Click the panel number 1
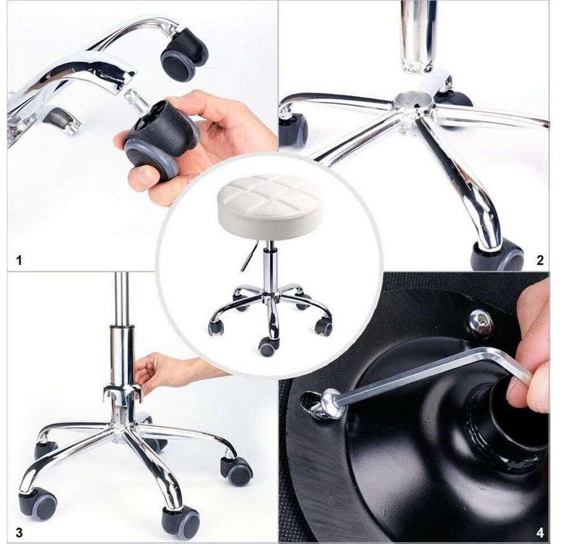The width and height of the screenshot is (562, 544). (x=19, y=260)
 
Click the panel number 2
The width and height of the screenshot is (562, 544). (x=540, y=260)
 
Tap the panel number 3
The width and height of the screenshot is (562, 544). (x=19, y=533)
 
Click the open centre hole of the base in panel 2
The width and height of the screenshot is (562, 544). (x=414, y=99)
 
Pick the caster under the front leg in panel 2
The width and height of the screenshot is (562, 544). (x=496, y=256)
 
